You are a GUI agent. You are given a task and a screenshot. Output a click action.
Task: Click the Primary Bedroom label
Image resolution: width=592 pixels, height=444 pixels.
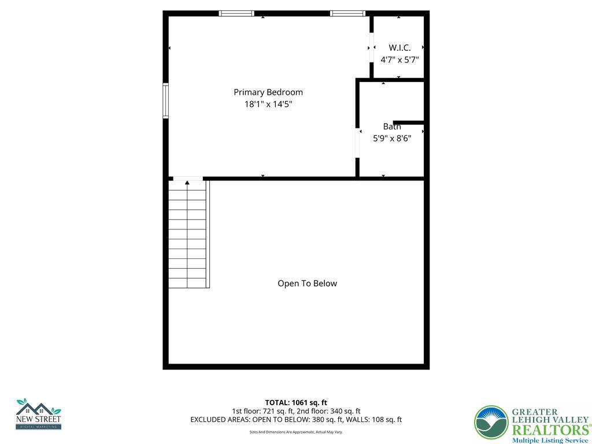coord(268,92)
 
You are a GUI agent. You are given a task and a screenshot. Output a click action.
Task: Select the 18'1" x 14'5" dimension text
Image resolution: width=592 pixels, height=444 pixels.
coord(268,105)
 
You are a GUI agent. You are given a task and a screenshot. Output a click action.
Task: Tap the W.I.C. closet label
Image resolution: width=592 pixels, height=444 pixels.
coord(399,48)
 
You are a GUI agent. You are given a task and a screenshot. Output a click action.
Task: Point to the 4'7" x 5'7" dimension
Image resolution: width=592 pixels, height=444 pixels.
coord(399,60)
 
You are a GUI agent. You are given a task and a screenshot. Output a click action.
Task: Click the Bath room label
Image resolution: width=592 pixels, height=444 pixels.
coord(391,127)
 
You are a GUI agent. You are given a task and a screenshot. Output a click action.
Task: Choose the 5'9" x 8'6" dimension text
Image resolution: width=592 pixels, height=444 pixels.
coord(391,139)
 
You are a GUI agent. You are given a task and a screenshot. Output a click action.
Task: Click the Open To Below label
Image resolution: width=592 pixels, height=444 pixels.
coord(307,283)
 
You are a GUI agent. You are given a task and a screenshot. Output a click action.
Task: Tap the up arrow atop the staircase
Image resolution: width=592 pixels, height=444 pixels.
coord(187,183)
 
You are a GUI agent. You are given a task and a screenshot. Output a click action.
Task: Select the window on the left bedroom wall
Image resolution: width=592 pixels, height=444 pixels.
coord(165,101)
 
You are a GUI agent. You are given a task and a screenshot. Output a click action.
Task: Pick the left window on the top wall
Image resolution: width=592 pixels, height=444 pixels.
coord(236,13)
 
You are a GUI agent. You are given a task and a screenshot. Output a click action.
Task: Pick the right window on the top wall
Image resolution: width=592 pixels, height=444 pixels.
coord(347,13)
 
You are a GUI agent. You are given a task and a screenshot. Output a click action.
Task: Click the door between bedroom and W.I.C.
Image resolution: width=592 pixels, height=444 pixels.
coord(371,47)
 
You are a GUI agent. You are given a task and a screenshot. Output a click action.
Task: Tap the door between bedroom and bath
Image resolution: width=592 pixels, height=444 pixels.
coord(357,142)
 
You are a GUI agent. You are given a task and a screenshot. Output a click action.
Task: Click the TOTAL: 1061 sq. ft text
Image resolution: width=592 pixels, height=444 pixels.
coord(296,402)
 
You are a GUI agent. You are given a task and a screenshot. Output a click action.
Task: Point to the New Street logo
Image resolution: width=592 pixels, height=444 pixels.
coord(38,414)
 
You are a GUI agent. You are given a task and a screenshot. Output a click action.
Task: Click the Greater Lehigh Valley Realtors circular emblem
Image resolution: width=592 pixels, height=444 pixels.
coord(491,423)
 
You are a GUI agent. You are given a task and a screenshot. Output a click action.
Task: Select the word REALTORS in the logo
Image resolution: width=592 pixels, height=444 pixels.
coord(549,430)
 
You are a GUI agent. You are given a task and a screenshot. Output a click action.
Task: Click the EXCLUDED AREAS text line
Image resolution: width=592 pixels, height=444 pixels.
coord(296,420)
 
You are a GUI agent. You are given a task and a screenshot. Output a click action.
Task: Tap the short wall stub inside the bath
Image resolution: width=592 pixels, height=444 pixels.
coord(409,123)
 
